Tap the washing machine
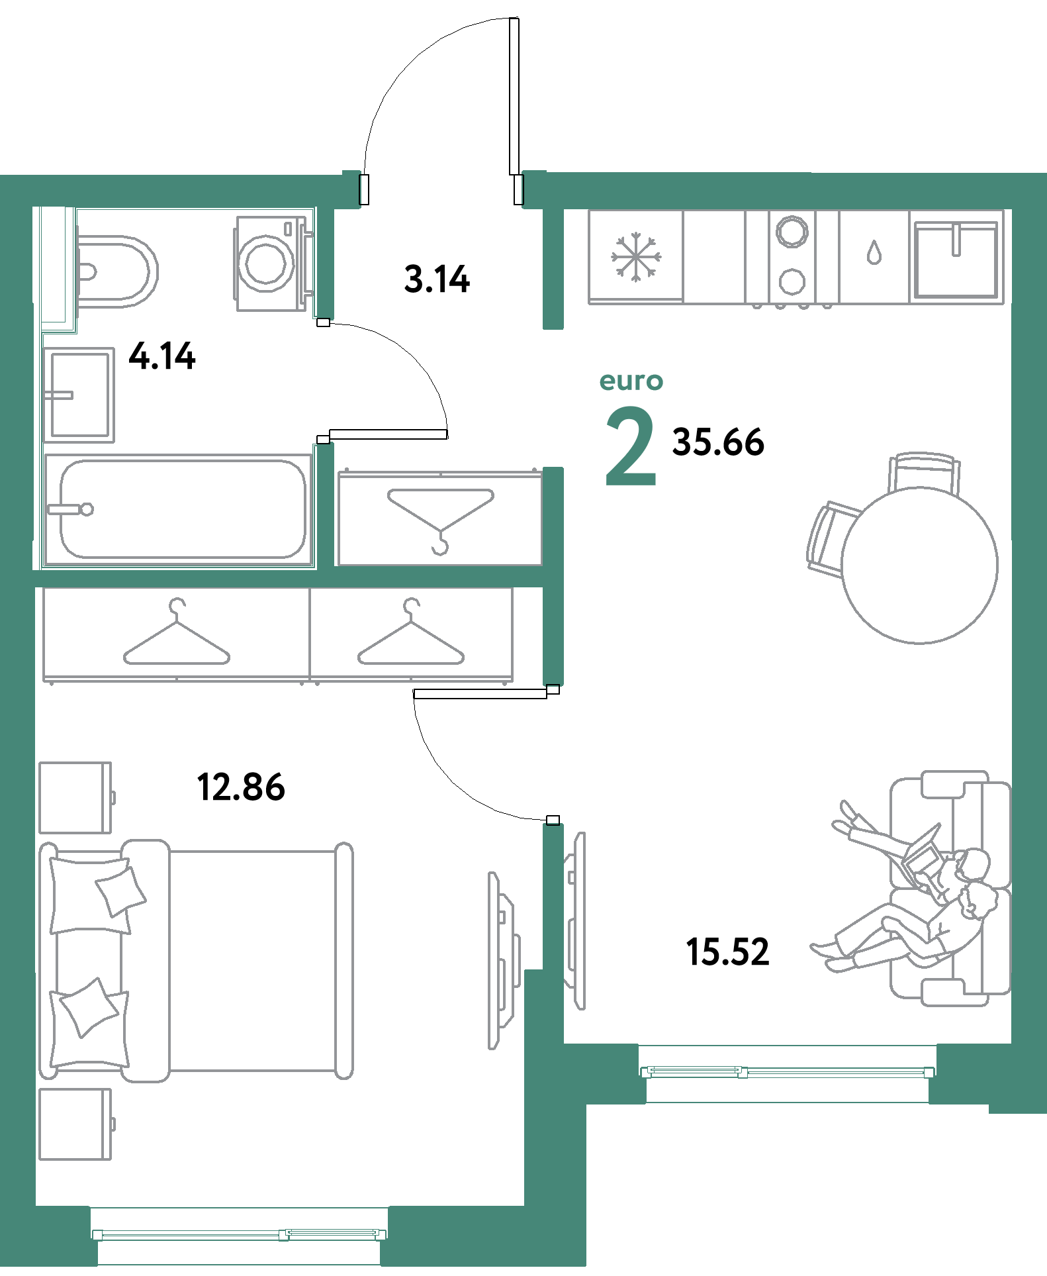click(x=267, y=263)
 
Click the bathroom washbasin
click(x=79, y=395)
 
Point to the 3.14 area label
click(x=437, y=279)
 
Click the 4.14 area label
click(x=162, y=356)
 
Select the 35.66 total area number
click(x=718, y=442)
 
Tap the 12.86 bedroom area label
click(x=241, y=787)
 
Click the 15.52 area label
click(x=727, y=952)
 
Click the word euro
click(x=631, y=381)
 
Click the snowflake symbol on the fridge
click(x=636, y=256)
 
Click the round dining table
click(x=919, y=565)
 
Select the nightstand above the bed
click(x=75, y=797)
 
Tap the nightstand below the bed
click(x=75, y=1124)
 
